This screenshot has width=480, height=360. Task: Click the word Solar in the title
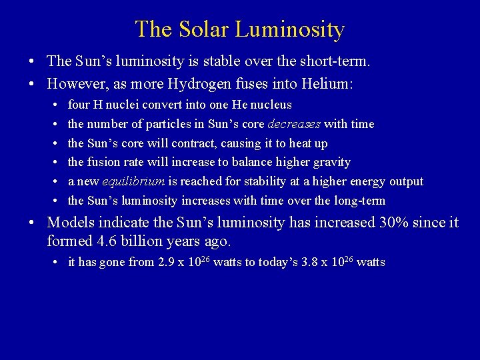(x=205, y=29)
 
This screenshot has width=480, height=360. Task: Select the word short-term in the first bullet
(x=339, y=61)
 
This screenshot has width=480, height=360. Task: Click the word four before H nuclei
(x=79, y=105)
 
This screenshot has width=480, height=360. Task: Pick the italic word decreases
(x=294, y=124)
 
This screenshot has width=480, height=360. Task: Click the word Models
(x=69, y=222)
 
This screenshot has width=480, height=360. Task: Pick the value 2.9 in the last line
(x=167, y=262)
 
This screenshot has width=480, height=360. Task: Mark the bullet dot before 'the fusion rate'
(x=54, y=162)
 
